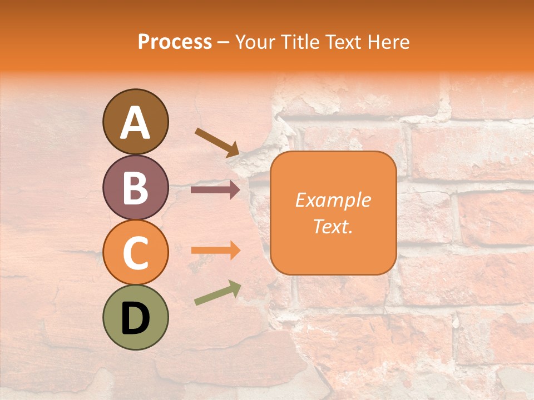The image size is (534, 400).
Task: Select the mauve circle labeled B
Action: [135, 187]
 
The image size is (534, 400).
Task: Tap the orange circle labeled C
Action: [135, 252]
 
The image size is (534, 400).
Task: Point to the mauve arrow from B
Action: [215, 190]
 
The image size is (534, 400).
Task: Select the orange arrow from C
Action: [215, 251]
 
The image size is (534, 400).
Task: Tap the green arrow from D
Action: [217, 293]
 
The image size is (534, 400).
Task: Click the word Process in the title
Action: [175, 42]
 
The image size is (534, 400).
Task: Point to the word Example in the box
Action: [333, 200]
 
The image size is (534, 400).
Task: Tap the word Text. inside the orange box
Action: [333, 227]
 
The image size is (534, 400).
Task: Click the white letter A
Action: [135, 122]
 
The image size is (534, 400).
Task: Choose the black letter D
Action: [135, 318]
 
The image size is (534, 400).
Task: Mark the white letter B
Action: [135, 187]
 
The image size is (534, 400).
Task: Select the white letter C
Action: [135, 252]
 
